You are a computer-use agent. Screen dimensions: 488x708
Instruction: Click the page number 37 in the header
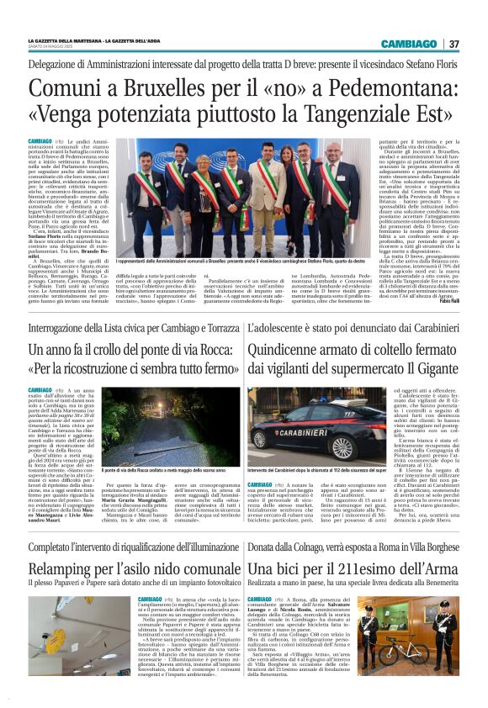[x=454, y=44]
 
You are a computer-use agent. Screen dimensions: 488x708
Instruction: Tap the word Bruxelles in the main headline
[x=157, y=87]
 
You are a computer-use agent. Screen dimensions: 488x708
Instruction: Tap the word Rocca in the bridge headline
[x=206, y=348]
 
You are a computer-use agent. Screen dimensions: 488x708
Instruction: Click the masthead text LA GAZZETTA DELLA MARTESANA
[x=66, y=40]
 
